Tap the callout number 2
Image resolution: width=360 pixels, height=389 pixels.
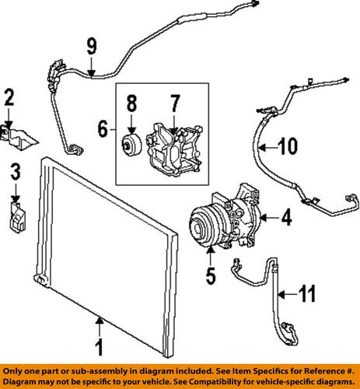pos(9,99)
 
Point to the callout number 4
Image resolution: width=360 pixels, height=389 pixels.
pos(286,219)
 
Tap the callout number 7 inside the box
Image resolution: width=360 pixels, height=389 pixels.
pos(175,103)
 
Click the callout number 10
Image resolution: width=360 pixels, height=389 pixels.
pos(288,144)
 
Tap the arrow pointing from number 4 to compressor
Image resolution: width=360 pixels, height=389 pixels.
pos(267,219)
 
